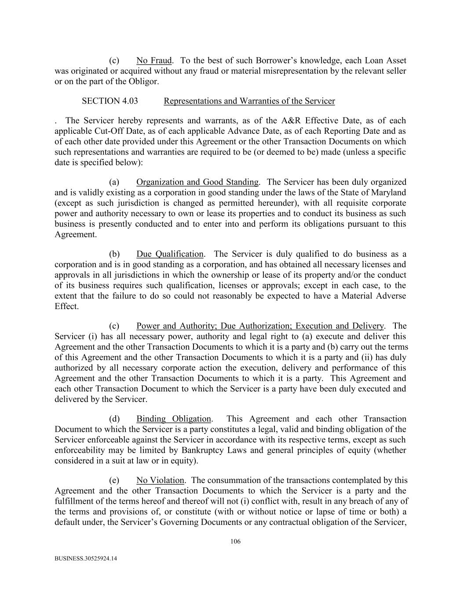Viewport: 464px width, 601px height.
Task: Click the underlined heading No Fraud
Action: pos(154,60)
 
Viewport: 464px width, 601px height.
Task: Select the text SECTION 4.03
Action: pos(110,101)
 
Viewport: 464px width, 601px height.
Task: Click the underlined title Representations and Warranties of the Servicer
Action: pos(249,101)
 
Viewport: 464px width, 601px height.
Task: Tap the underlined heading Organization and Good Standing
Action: pos(197,182)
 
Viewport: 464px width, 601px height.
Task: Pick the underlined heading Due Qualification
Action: pos(170,254)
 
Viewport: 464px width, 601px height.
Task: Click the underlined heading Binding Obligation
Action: pos(174,419)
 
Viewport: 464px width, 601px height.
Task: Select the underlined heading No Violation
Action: pos(161,480)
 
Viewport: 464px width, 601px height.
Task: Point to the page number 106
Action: pos(235,542)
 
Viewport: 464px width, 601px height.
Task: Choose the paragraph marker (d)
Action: pos(114,419)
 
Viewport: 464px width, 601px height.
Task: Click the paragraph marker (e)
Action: pos(114,480)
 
